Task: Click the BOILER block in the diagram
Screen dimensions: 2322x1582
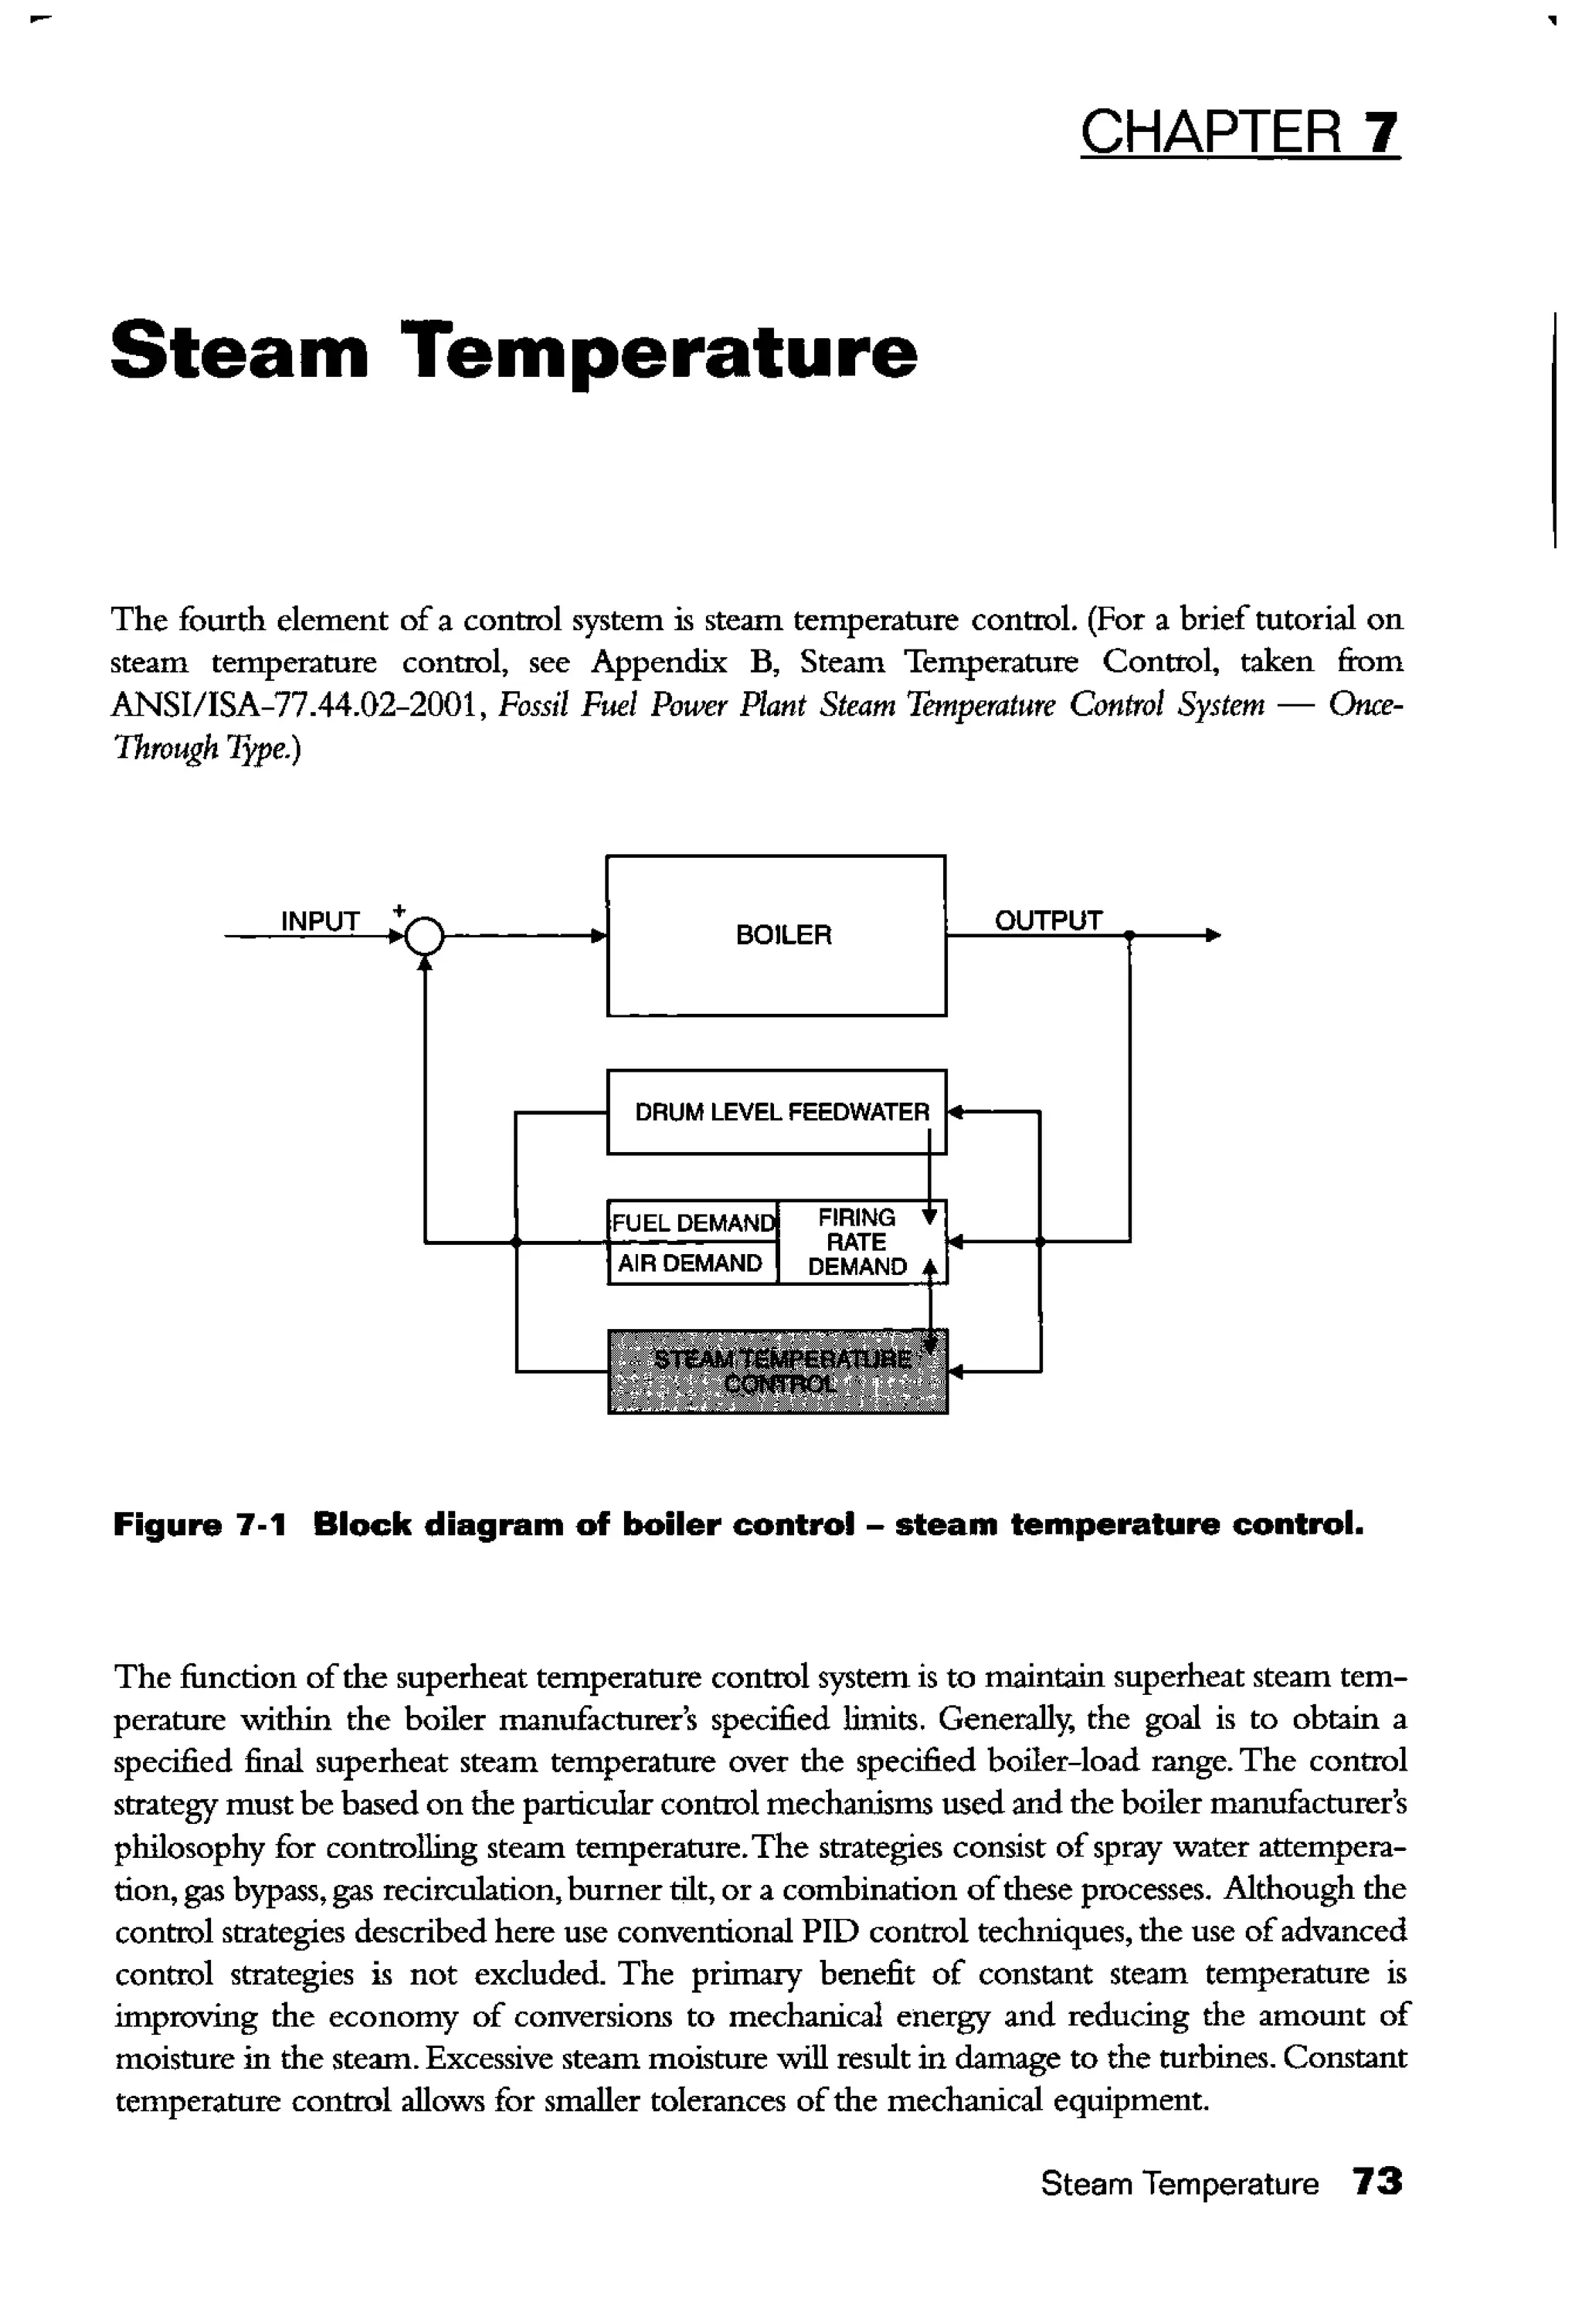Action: [776, 935]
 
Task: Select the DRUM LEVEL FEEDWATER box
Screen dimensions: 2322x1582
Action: [776, 1111]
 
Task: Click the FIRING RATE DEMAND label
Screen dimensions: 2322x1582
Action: [857, 1242]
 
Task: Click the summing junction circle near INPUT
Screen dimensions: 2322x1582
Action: [425, 937]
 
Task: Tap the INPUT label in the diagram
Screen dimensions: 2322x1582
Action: [320, 921]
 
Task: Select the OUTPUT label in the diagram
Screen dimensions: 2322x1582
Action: [1047, 920]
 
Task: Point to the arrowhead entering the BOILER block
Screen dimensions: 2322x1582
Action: [599, 936]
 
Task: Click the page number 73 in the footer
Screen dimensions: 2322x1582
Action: [1377, 2181]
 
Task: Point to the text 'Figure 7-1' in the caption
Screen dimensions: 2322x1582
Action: [200, 1524]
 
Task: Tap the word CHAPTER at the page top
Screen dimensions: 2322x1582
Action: [1211, 133]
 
